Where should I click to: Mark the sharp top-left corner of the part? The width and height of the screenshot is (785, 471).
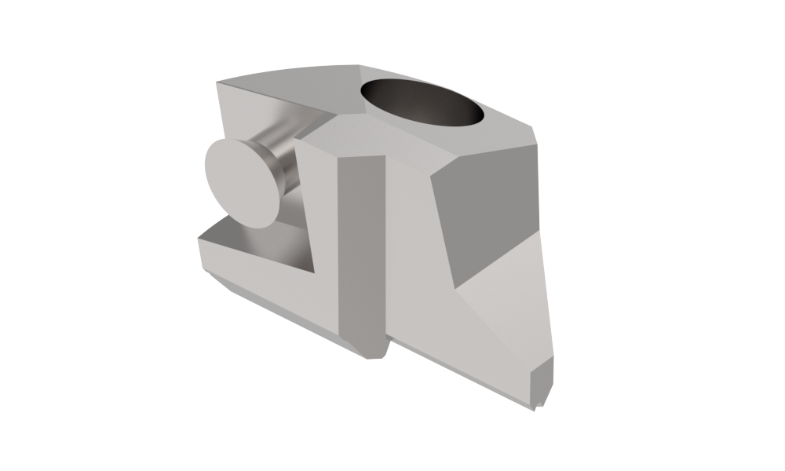(x=217, y=81)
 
